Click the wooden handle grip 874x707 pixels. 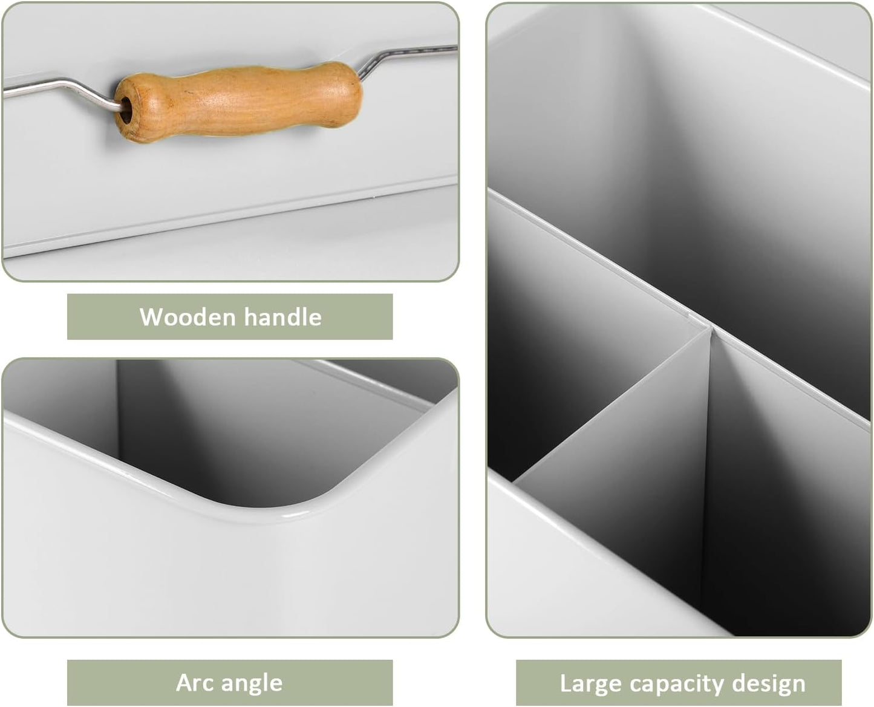[x=238, y=102]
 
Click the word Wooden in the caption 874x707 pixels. [x=188, y=317]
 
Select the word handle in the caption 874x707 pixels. [x=282, y=317]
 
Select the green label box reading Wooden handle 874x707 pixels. [x=230, y=317]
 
